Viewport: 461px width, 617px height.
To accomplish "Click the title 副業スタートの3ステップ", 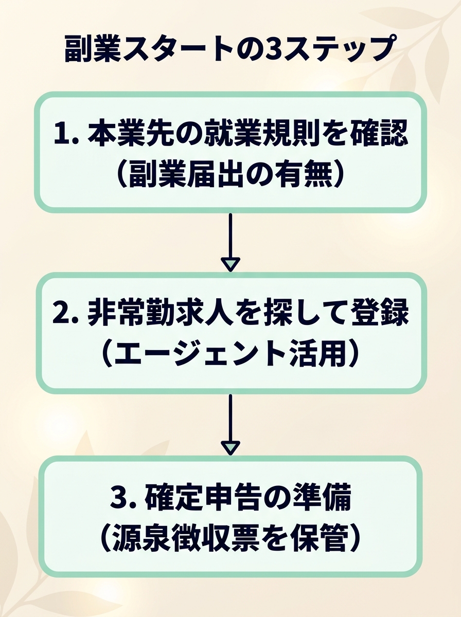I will [230, 49].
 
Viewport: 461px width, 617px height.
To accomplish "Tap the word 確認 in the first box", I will [378, 135].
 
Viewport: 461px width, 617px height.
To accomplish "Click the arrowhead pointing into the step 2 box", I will [230, 265].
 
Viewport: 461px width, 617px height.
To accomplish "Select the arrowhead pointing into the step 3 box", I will [230, 447].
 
